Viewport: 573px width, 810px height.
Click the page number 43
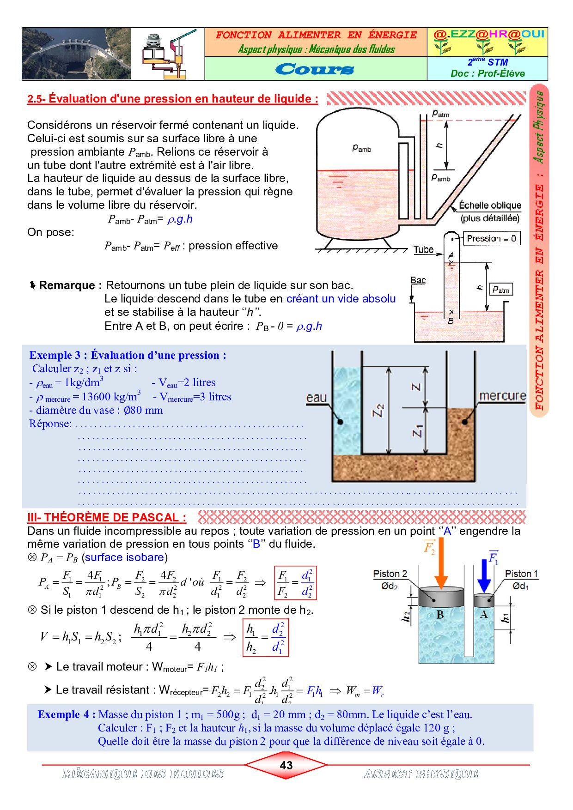(x=286, y=765)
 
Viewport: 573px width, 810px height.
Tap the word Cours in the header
(x=315, y=69)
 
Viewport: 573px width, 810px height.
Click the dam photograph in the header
(x=76, y=54)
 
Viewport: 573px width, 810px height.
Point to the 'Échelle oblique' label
(x=490, y=206)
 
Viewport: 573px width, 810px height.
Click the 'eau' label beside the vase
(x=317, y=398)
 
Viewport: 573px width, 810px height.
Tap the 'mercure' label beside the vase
(x=502, y=396)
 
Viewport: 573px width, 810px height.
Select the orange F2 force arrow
(x=441, y=563)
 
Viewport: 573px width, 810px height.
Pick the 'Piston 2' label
(x=390, y=574)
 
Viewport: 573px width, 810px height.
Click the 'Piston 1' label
(x=521, y=574)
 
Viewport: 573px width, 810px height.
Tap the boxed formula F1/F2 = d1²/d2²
(x=295, y=583)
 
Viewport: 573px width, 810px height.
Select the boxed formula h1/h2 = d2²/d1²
(x=265, y=637)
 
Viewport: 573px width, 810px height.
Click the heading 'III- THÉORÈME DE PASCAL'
(x=107, y=517)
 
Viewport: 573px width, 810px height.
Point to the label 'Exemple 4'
(x=66, y=714)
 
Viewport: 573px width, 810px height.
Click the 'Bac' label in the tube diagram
(x=418, y=280)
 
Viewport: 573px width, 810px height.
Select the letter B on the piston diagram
(x=440, y=615)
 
